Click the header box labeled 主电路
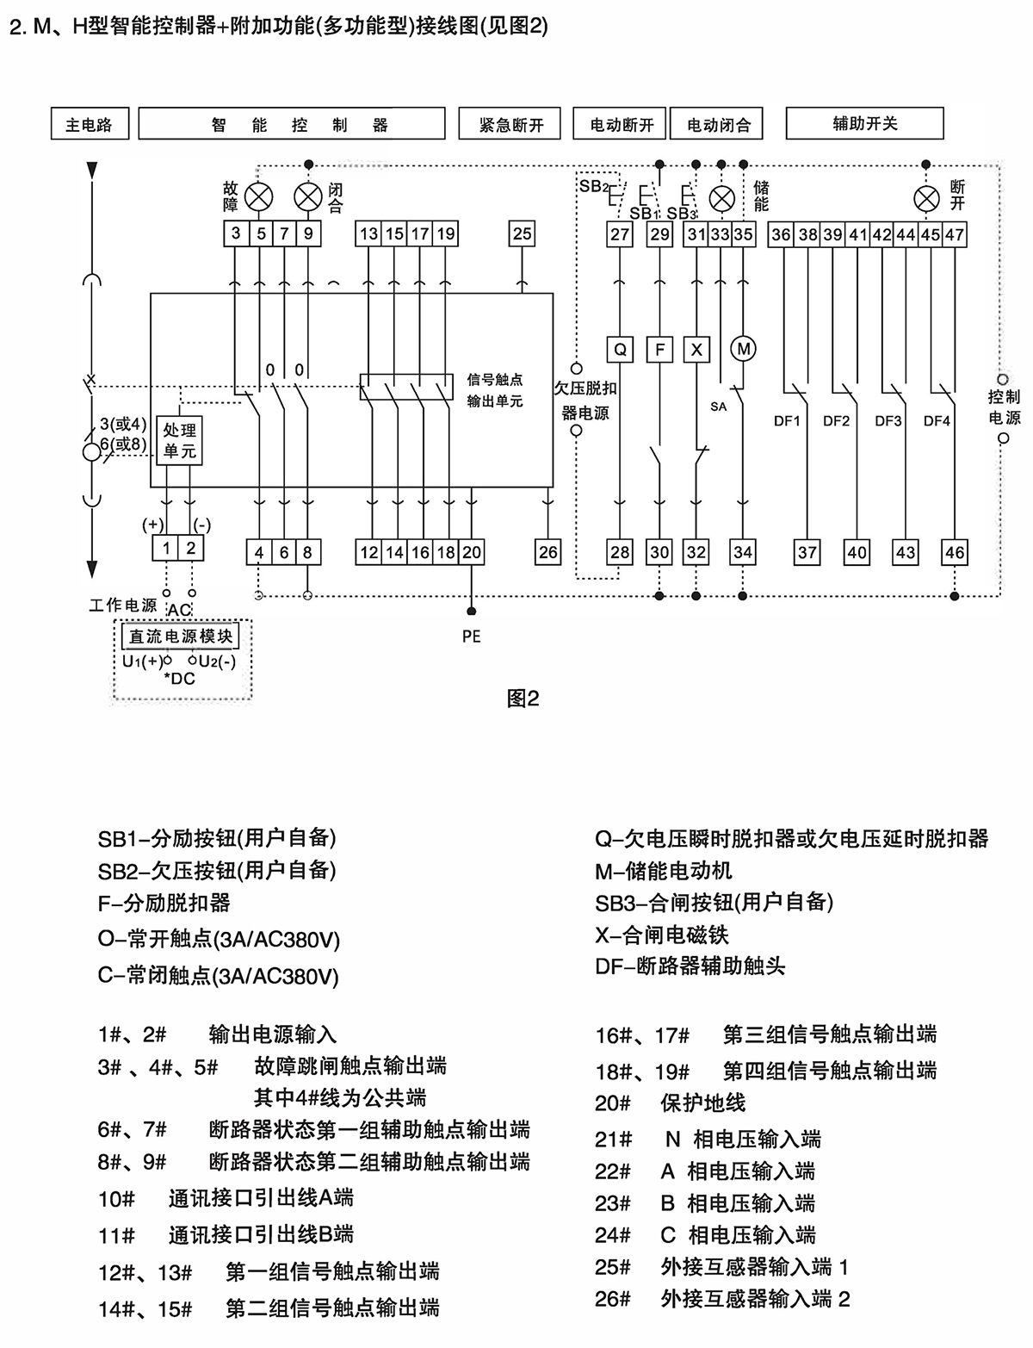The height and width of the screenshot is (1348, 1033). (x=89, y=124)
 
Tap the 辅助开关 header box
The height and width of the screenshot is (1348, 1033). (x=864, y=123)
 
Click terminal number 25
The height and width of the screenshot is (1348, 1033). (x=523, y=233)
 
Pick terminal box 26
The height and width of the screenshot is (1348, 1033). (x=547, y=552)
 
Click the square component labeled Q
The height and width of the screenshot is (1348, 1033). (x=620, y=349)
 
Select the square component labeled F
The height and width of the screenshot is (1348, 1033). (x=660, y=349)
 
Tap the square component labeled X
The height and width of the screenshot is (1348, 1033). (x=696, y=349)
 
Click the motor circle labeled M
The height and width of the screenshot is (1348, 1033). (x=743, y=348)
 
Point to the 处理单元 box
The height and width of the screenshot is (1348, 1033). (x=180, y=440)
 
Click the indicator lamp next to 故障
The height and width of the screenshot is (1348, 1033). (x=258, y=196)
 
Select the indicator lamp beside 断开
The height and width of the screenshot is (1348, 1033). (x=927, y=199)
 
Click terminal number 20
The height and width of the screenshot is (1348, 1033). (x=472, y=552)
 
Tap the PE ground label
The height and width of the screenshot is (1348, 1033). (x=471, y=637)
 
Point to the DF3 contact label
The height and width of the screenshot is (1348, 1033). (x=888, y=421)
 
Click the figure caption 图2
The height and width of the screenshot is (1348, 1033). (x=523, y=699)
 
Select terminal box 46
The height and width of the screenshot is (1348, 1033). (x=955, y=552)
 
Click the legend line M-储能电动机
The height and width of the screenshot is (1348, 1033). (x=663, y=871)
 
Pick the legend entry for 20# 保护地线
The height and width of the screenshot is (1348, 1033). (x=670, y=1103)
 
